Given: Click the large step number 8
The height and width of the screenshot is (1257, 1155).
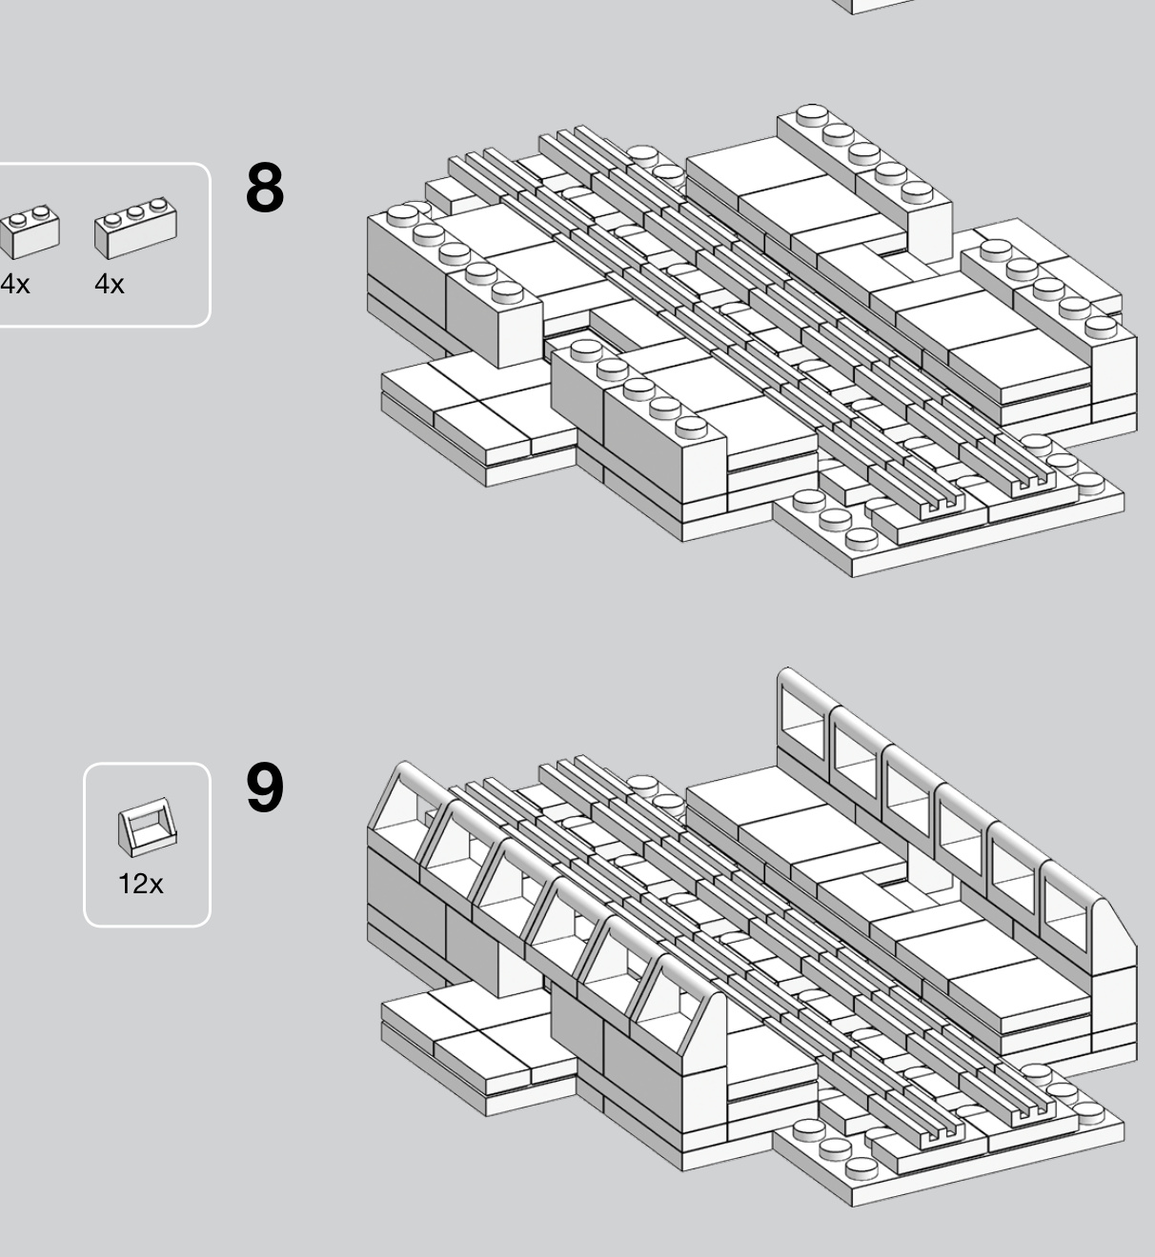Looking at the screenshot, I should (x=265, y=188).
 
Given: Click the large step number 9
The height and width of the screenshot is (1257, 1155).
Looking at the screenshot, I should (x=265, y=788).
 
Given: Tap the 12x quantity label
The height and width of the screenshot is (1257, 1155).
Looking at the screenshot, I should (x=141, y=884).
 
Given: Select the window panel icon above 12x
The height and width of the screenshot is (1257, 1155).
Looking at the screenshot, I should (x=148, y=827).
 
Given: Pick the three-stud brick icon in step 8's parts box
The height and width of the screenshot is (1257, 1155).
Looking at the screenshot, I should (x=135, y=228).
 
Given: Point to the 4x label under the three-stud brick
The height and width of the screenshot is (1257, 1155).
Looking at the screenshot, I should (x=110, y=284).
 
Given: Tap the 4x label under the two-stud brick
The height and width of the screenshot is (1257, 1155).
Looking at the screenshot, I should (x=15, y=284).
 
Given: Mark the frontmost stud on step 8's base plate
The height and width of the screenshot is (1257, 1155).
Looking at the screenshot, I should (x=861, y=539).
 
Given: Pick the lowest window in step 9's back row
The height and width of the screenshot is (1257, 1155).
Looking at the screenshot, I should (x=1065, y=914).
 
